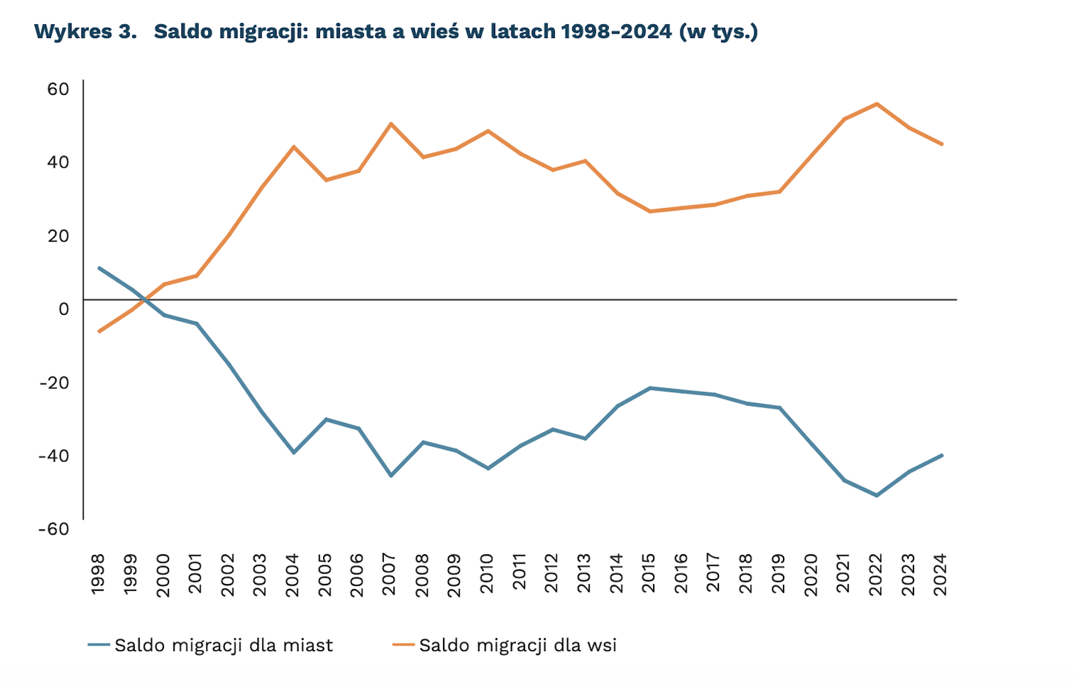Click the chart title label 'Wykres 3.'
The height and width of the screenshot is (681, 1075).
[85, 31]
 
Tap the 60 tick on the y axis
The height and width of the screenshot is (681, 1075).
[58, 89]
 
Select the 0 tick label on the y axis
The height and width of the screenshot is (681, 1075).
[63, 309]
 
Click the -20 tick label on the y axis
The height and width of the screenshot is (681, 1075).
[54, 382]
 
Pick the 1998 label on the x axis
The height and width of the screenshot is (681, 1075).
[98, 574]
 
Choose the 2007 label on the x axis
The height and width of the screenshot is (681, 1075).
[390, 574]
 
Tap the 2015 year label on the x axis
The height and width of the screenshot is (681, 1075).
[649, 574]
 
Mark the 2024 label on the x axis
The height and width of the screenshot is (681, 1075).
[941, 574]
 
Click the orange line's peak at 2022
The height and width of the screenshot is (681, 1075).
[877, 104]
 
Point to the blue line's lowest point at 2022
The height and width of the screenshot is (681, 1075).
[877, 495]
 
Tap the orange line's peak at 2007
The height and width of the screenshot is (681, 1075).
[391, 124]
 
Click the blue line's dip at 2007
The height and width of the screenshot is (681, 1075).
[391, 475]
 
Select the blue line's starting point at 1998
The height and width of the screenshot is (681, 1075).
[99, 268]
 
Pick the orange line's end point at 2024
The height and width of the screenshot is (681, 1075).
[942, 144]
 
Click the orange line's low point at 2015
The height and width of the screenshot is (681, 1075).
[650, 211]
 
